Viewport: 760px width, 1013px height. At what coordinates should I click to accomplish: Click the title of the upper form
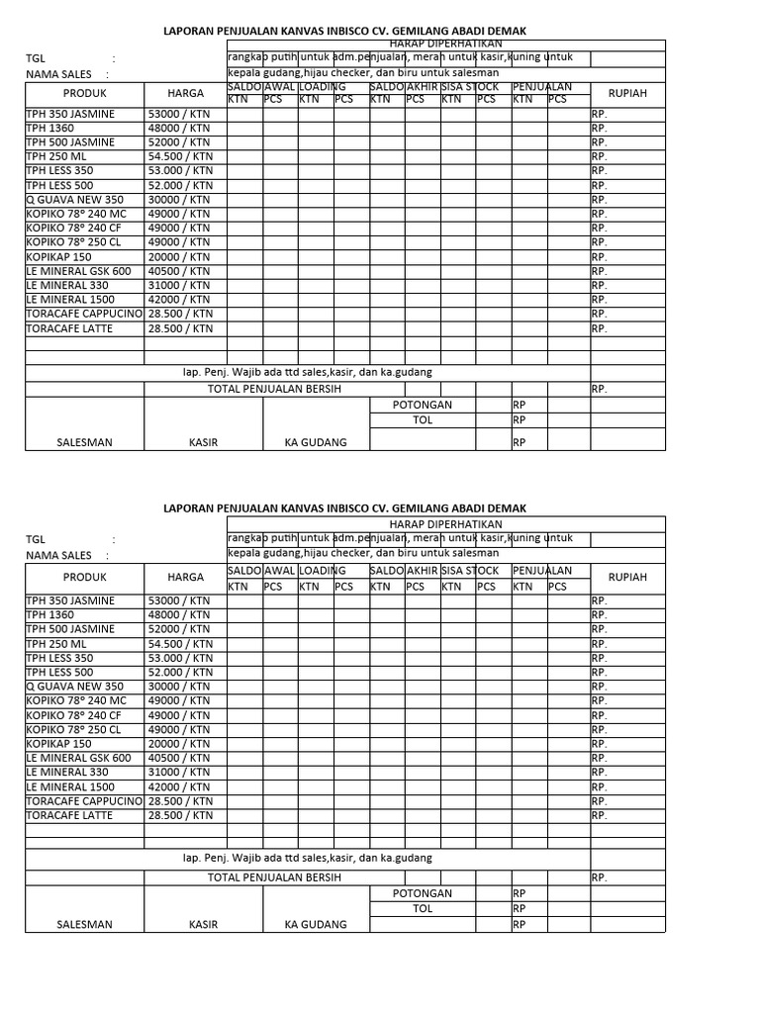[344, 32]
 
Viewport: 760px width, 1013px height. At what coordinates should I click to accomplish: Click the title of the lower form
[344, 507]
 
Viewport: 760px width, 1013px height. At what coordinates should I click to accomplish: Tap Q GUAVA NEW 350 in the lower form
[74, 687]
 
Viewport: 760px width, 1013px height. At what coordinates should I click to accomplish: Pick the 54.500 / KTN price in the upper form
[180, 156]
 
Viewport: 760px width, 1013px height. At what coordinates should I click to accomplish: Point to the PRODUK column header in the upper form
[84, 93]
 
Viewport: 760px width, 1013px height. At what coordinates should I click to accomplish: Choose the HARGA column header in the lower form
[185, 577]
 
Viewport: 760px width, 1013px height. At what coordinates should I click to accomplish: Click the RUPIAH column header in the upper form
[627, 93]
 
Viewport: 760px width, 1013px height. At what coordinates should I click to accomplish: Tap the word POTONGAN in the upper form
[423, 406]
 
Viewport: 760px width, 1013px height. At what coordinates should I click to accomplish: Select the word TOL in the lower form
[423, 908]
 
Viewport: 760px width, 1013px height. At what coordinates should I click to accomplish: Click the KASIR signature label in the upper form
[203, 442]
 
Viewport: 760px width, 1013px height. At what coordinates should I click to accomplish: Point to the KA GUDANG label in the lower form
[316, 925]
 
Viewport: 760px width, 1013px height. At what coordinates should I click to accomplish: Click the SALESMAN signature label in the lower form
[84, 925]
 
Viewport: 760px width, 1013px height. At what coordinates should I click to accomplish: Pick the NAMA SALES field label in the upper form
[58, 74]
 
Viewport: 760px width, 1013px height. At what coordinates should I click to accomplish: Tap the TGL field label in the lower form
[36, 540]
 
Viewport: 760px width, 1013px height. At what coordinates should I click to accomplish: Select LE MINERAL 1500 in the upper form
[70, 299]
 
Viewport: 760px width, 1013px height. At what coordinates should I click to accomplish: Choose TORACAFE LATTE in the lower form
[69, 815]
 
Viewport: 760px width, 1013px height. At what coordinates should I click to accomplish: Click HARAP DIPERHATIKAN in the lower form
[444, 523]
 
